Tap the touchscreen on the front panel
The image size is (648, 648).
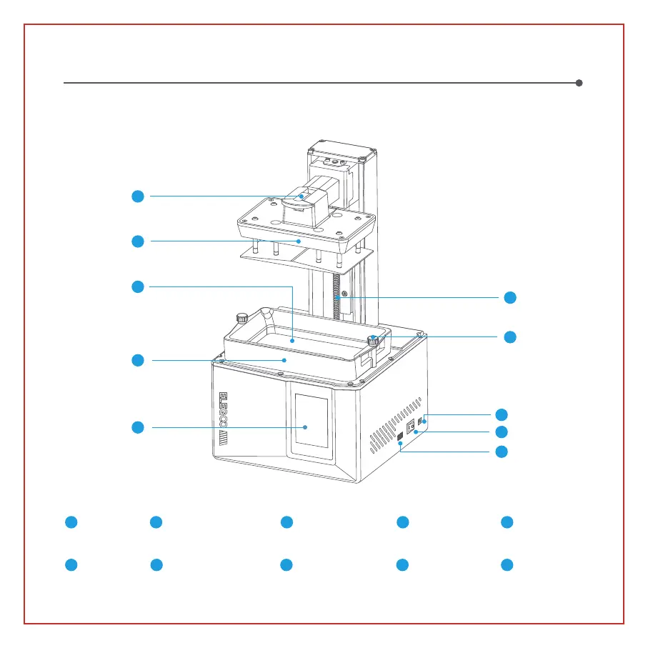point(308,426)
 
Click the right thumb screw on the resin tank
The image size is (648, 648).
point(372,339)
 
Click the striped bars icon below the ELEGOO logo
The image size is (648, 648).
point(223,437)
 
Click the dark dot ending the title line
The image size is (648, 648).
point(579,83)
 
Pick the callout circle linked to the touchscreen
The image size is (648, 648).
point(138,427)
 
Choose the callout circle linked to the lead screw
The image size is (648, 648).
point(509,298)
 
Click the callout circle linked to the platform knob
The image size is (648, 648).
point(138,196)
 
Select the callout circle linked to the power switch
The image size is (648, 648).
point(502,432)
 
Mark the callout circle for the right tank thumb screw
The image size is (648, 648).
point(509,336)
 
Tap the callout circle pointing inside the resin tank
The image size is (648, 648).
point(138,286)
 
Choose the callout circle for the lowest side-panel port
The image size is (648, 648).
point(502,452)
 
